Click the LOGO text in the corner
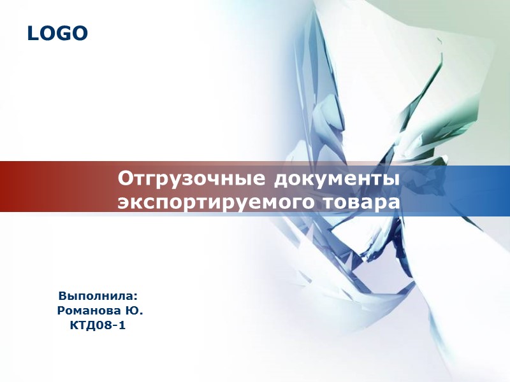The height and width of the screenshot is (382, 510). pyautogui.click(x=57, y=33)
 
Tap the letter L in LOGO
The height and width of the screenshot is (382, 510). pyautogui.click(x=33, y=33)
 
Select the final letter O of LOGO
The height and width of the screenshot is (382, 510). pyautogui.click(x=80, y=33)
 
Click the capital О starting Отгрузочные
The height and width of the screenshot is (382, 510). pyautogui.click(x=125, y=178)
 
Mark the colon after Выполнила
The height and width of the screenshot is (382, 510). pyautogui.click(x=136, y=297)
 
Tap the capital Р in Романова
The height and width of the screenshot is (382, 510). pyautogui.click(x=61, y=311)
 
